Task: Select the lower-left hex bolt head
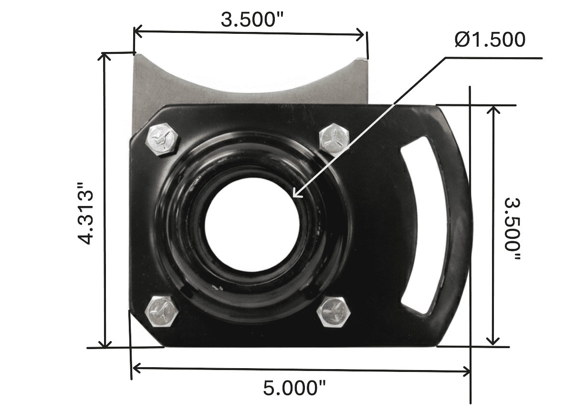[x=161, y=311]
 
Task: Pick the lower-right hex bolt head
[x=334, y=312]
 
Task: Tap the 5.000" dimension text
[x=294, y=388]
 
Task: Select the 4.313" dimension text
[x=86, y=214]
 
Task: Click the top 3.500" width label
[x=252, y=20]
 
